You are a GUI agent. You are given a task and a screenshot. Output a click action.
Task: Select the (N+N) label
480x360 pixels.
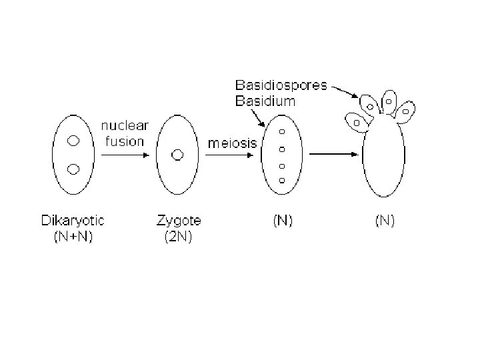tap(73, 236)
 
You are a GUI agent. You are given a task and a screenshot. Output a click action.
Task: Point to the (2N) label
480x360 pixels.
tap(178, 236)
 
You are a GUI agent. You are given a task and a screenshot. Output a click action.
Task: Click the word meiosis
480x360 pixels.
tap(229, 143)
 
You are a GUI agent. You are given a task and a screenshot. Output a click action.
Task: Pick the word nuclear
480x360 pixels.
tap(125, 126)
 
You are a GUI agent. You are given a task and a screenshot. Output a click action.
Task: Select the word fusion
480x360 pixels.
tap(125, 141)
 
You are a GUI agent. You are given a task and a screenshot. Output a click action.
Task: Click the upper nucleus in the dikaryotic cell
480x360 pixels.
tap(74, 141)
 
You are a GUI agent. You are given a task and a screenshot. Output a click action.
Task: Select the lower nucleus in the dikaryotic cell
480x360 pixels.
tap(74, 168)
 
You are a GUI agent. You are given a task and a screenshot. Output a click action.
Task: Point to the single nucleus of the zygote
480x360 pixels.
tap(177, 155)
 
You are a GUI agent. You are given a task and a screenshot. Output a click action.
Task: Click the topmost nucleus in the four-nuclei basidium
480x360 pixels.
tap(282, 131)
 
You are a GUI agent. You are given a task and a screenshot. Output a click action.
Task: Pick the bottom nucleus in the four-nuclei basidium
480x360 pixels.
tap(282, 181)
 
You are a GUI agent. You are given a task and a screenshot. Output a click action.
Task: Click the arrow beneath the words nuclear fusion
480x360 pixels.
tap(125, 155)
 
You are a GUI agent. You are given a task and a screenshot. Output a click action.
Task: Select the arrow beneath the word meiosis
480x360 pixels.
tap(229, 157)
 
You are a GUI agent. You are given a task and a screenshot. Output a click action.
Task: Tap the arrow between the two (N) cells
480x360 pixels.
tap(335, 155)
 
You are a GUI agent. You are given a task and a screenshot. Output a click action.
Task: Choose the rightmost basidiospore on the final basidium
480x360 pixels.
tap(405, 110)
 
